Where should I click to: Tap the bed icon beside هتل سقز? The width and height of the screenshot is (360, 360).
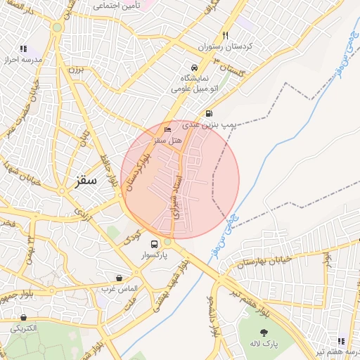(167, 130)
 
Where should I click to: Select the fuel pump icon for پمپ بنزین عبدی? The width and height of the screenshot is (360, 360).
(209, 113)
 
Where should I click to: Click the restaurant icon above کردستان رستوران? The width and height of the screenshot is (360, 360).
(225, 35)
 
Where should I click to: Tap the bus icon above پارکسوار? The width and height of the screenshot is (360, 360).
(154, 245)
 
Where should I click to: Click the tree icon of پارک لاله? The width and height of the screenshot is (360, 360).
(264, 333)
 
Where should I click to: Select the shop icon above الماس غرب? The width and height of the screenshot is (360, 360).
(118, 278)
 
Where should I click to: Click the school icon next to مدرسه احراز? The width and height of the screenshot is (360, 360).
(23, 49)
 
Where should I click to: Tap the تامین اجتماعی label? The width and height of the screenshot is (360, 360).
(117, 6)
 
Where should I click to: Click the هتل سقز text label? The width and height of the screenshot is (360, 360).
(169, 141)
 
